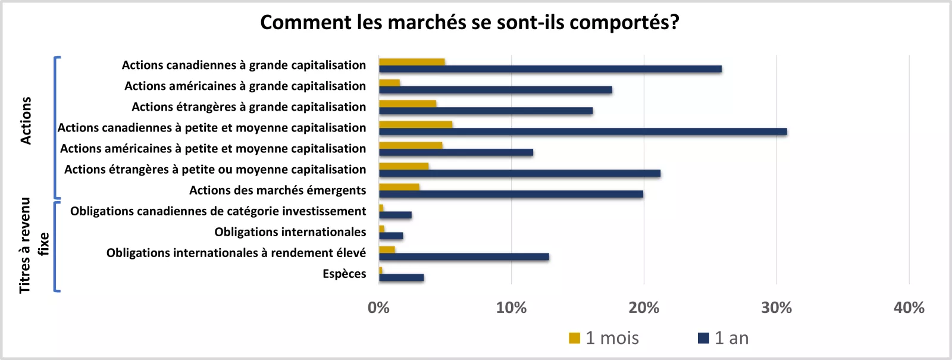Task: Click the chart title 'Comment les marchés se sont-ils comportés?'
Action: (469, 23)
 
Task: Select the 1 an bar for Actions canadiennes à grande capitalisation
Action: (550, 69)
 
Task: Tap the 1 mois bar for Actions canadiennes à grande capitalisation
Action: (412, 62)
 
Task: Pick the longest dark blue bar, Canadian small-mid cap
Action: (583, 132)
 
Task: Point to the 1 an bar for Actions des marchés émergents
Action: (511, 194)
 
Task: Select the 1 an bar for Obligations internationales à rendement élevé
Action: (464, 256)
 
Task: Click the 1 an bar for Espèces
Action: (401, 277)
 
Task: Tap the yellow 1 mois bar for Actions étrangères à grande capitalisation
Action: (408, 104)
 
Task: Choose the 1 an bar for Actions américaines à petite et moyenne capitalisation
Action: (456, 152)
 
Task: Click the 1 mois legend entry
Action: (604, 338)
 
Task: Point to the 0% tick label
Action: (378, 308)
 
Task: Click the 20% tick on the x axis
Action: (644, 308)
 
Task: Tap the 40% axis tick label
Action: (909, 308)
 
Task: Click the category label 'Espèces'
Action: (344, 274)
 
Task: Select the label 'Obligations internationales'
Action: (290, 232)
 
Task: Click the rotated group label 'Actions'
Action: (26, 120)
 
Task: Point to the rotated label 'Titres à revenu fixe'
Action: (33, 245)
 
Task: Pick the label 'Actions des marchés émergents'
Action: (277, 190)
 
